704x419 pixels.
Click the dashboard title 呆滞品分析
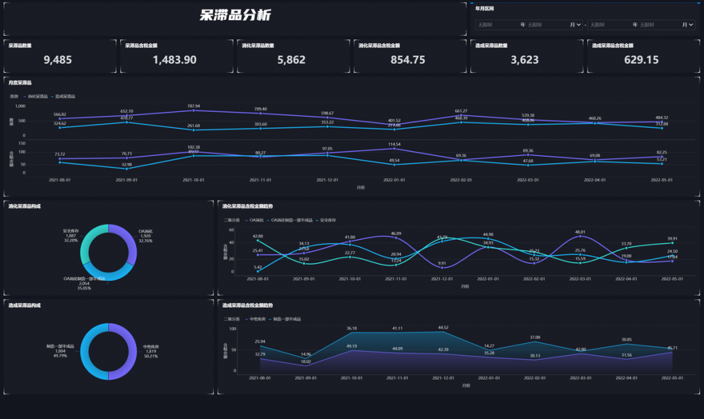point(235,16)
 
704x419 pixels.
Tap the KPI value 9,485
point(58,60)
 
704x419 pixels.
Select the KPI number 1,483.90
point(175,60)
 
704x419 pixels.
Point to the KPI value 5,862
point(291,60)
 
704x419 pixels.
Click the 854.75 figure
point(408,60)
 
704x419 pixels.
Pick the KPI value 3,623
point(525,60)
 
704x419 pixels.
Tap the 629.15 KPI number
point(641,60)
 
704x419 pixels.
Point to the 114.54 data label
point(394,144)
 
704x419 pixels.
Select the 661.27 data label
point(461,111)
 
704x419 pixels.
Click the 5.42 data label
point(257,267)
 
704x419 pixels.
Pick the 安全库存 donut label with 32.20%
point(71,236)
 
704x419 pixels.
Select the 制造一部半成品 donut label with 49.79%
point(60,351)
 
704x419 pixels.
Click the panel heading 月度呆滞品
point(20,82)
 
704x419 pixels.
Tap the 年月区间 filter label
point(485,9)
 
